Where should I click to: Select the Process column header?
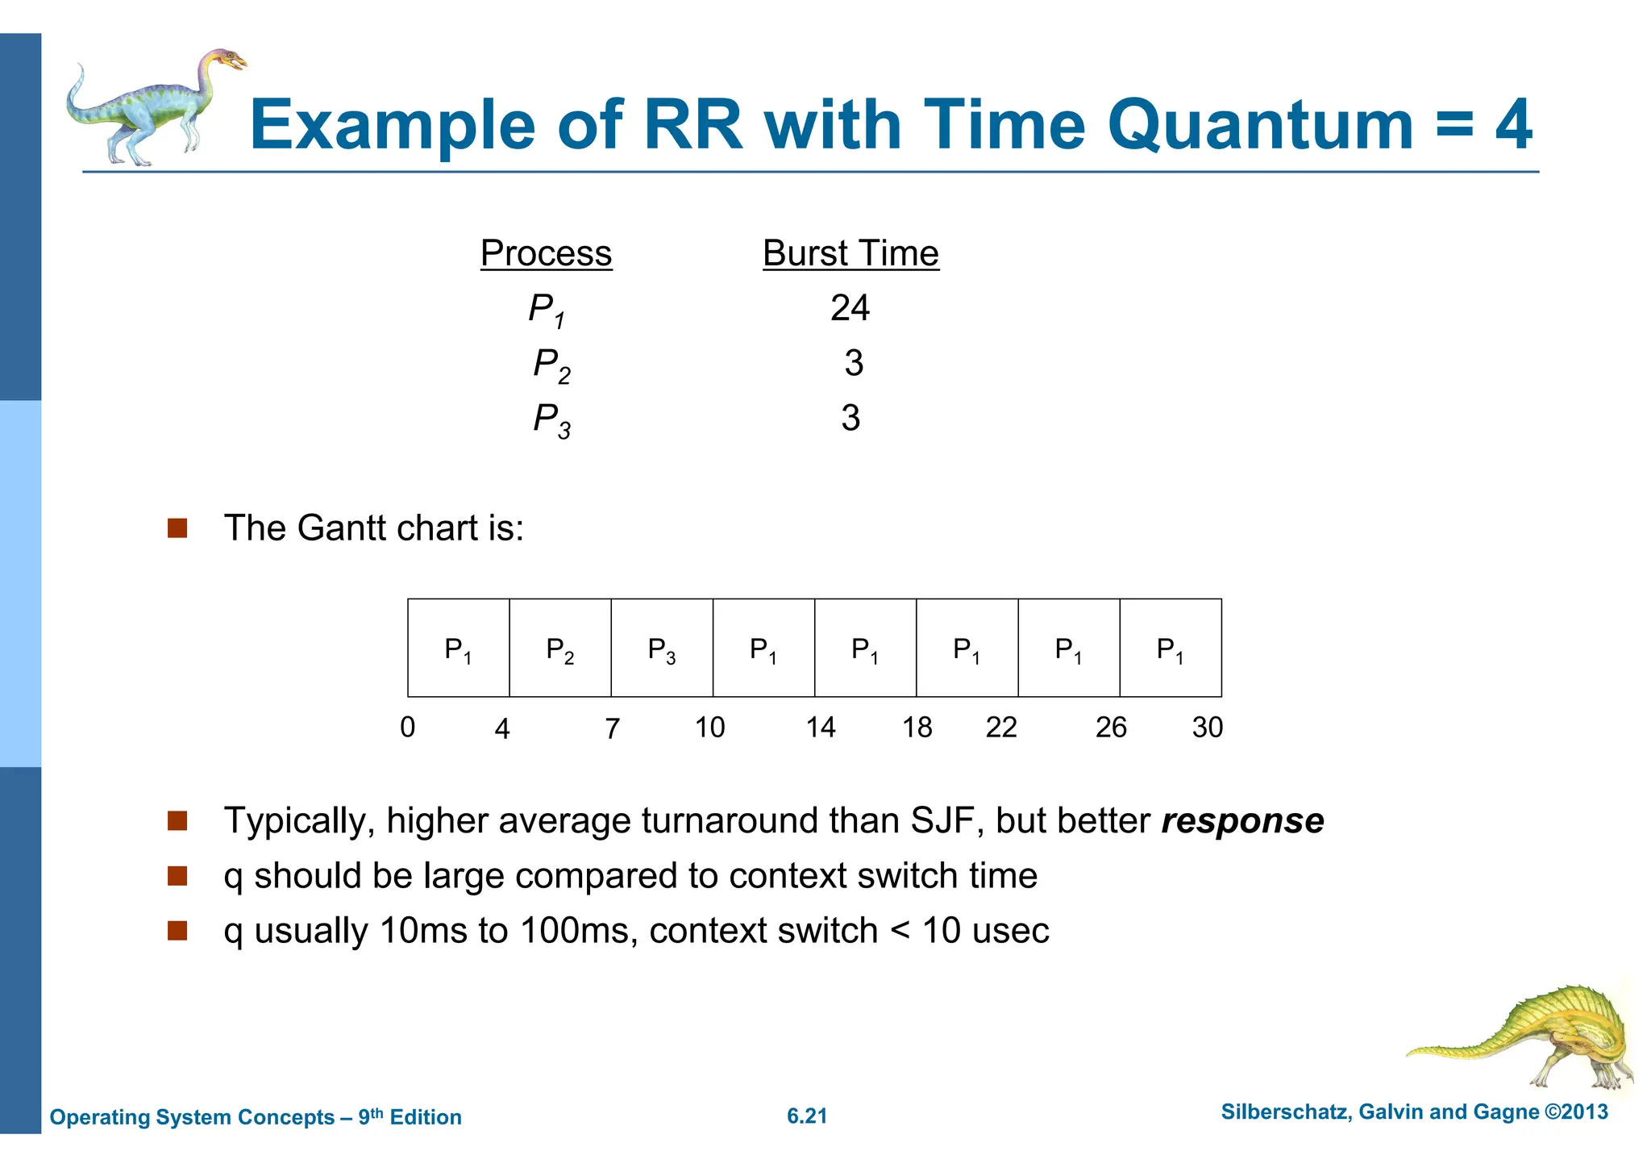click(x=546, y=253)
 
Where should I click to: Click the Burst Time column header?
click(x=850, y=253)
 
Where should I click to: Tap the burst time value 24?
click(x=850, y=308)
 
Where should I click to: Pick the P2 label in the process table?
click(x=551, y=365)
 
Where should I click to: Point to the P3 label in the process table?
click(x=551, y=419)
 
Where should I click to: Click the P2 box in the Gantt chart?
click(x=560, y=649)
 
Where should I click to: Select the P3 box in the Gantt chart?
click(x=662, y=649)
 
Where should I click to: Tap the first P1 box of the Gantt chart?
click(x=458, y=649)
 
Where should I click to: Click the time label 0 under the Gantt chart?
click(x=408, y=728)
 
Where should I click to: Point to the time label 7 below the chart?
click(x=613, y=728)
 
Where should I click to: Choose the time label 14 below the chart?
click(x=821, y=728)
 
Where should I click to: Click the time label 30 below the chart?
click(x=1207, y=728)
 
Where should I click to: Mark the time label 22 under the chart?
click(x=1001, y=728)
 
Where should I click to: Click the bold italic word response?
click(x=1242, y=821)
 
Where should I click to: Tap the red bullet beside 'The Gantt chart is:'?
click(x=177, y=528)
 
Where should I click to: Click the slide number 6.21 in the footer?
click(x=807, y=1116)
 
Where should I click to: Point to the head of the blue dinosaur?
click(x=225, y=60)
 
